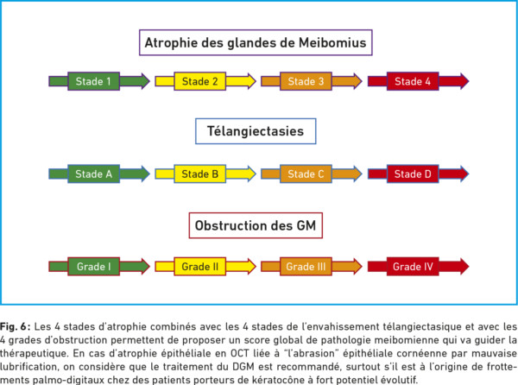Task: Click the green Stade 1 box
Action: click(93, 81)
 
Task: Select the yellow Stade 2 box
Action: click(200, 81)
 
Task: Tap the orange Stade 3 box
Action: click(306, 81)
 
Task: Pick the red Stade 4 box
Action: click(413, 81)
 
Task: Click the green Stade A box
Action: click(93, 174)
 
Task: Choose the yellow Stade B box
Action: click(200, 174)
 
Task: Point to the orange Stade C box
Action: click(306, 174)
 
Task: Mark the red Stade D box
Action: click(413, 174)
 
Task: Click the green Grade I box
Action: click(93, 266)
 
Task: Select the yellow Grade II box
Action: click(200, 266)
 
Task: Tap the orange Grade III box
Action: click(306, 266)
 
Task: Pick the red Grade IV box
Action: click(413, 266)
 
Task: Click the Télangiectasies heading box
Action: click(256, 131)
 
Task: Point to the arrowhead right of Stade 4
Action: click(462, 81)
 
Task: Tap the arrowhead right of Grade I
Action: click(142, 266)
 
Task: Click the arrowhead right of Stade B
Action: click(250, 174)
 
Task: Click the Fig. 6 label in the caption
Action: click(16, 326)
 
